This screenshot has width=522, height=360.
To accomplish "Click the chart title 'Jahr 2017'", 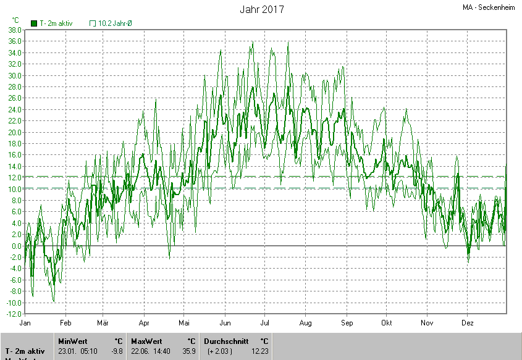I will pyautogui.click(x=262, y=10).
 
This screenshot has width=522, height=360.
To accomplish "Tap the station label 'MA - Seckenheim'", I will pyautogui.click(x=489, y=8).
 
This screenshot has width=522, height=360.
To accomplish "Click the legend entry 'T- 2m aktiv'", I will pyautogui.click(x=52, y=23).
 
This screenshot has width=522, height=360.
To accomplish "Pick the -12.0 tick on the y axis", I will pyautogui.click(x=14, y=314).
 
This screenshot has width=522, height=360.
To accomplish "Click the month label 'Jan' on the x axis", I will pyautogui.click(x=25, y=323).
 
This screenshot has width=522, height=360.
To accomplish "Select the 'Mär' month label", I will pyautogui.click(x=103, y=323).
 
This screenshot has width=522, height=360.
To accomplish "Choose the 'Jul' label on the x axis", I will pyautogui.click(x=265, y=323).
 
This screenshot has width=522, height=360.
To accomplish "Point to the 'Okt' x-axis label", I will pyautogui.click(x=387, y=323).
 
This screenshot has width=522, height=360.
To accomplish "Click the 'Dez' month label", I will pyautogui.click(x=468, y=323).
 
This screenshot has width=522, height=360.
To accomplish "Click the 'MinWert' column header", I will pyautogui.click(x=73, y=341).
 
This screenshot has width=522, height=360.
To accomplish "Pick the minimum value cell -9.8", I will pyautogui.click(x=117, y=351).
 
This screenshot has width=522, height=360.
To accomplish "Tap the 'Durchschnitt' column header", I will pyautogui.click(x=225, y=341).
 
